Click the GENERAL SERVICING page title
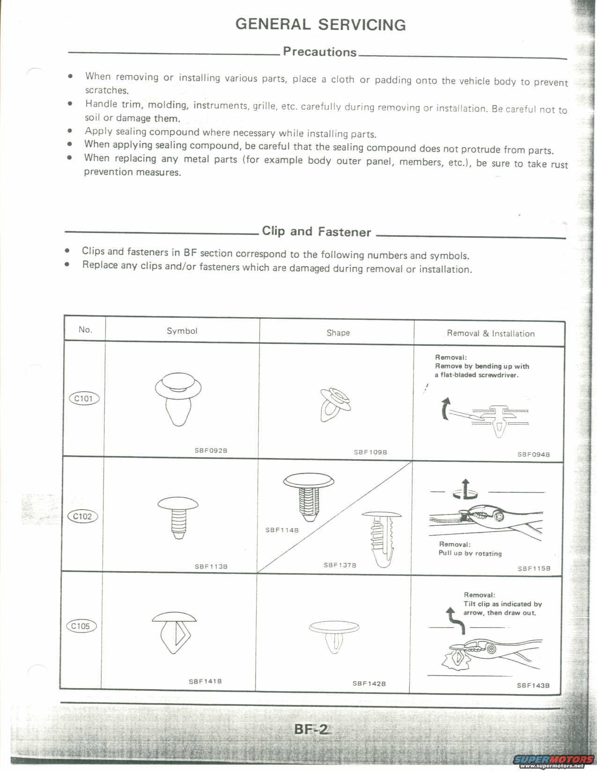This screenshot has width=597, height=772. point(320,24)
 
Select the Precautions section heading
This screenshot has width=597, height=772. point(319,52)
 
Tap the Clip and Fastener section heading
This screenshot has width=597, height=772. point(316,232)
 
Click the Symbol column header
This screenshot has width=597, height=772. point(182,331)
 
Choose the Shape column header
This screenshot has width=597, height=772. point(338,333)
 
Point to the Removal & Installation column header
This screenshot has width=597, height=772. point(490,334)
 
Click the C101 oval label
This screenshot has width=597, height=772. point(84,399)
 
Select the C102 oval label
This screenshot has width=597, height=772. point(82,517)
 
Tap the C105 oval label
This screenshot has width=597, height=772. point(81,626)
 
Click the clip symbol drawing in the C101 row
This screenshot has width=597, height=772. point(178,398)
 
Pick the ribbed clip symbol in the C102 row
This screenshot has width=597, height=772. point(178,517)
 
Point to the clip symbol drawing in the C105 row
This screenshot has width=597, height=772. point(175,632)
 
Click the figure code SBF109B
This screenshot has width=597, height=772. point(370,452)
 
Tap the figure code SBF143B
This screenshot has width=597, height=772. point(533,685)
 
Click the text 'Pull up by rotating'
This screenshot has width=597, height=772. point(470,553)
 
